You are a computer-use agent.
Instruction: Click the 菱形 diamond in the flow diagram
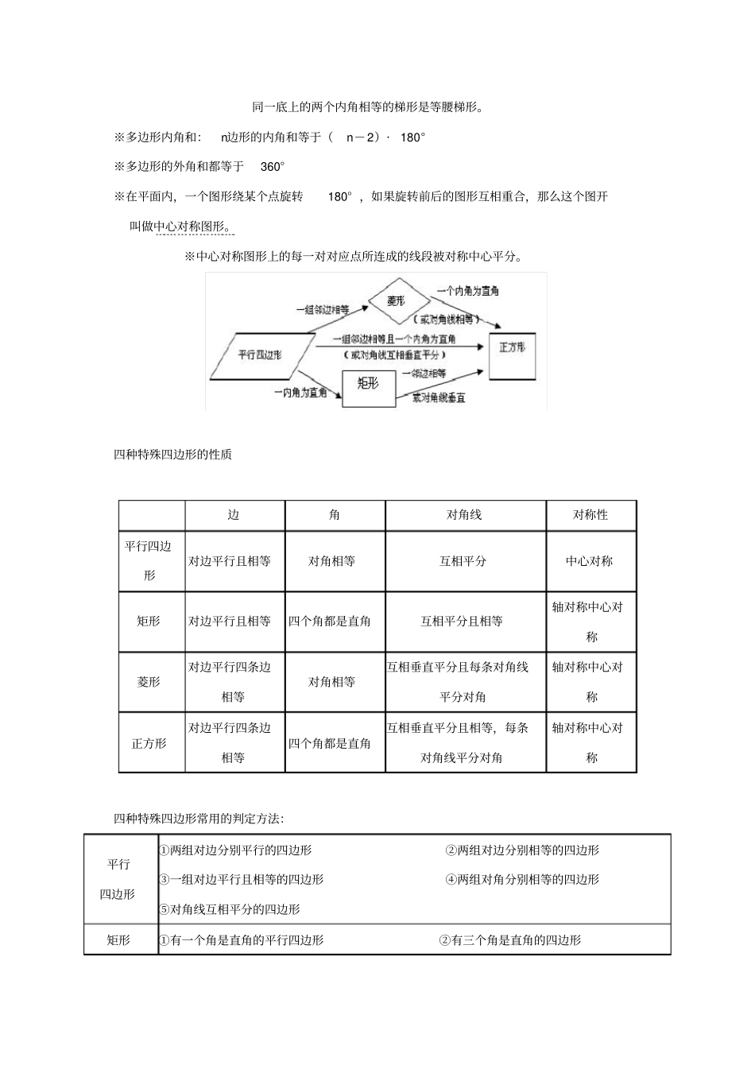[x=397, y=301]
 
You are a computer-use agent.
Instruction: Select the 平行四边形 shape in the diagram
[x=260, y=354]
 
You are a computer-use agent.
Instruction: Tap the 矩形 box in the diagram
[x=368, y=384]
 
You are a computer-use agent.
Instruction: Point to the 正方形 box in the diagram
[x=512, y=348]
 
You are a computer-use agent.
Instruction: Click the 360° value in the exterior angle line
[x=272, y=167]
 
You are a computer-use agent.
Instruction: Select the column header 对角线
[x=464, y=515]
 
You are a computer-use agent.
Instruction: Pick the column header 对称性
[x=590, y=515]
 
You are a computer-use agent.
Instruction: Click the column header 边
[x=234, y=515]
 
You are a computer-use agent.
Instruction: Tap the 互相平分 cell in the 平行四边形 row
[x=463, y=561]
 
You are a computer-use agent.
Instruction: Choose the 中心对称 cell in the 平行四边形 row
[x=590, y=561]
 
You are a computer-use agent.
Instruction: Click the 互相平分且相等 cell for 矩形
[x=462, y=622]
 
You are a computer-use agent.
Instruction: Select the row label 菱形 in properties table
[x=149, y=682]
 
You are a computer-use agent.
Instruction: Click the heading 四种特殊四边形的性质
[x=173, y=455]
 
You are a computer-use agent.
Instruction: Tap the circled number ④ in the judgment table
[x=451, y=880]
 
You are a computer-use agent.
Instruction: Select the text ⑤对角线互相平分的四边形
[x=230, y=909]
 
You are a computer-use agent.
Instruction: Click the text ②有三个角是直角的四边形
[x=510, y=940]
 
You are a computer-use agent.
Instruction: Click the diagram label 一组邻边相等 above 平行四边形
[x=322, y=310]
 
